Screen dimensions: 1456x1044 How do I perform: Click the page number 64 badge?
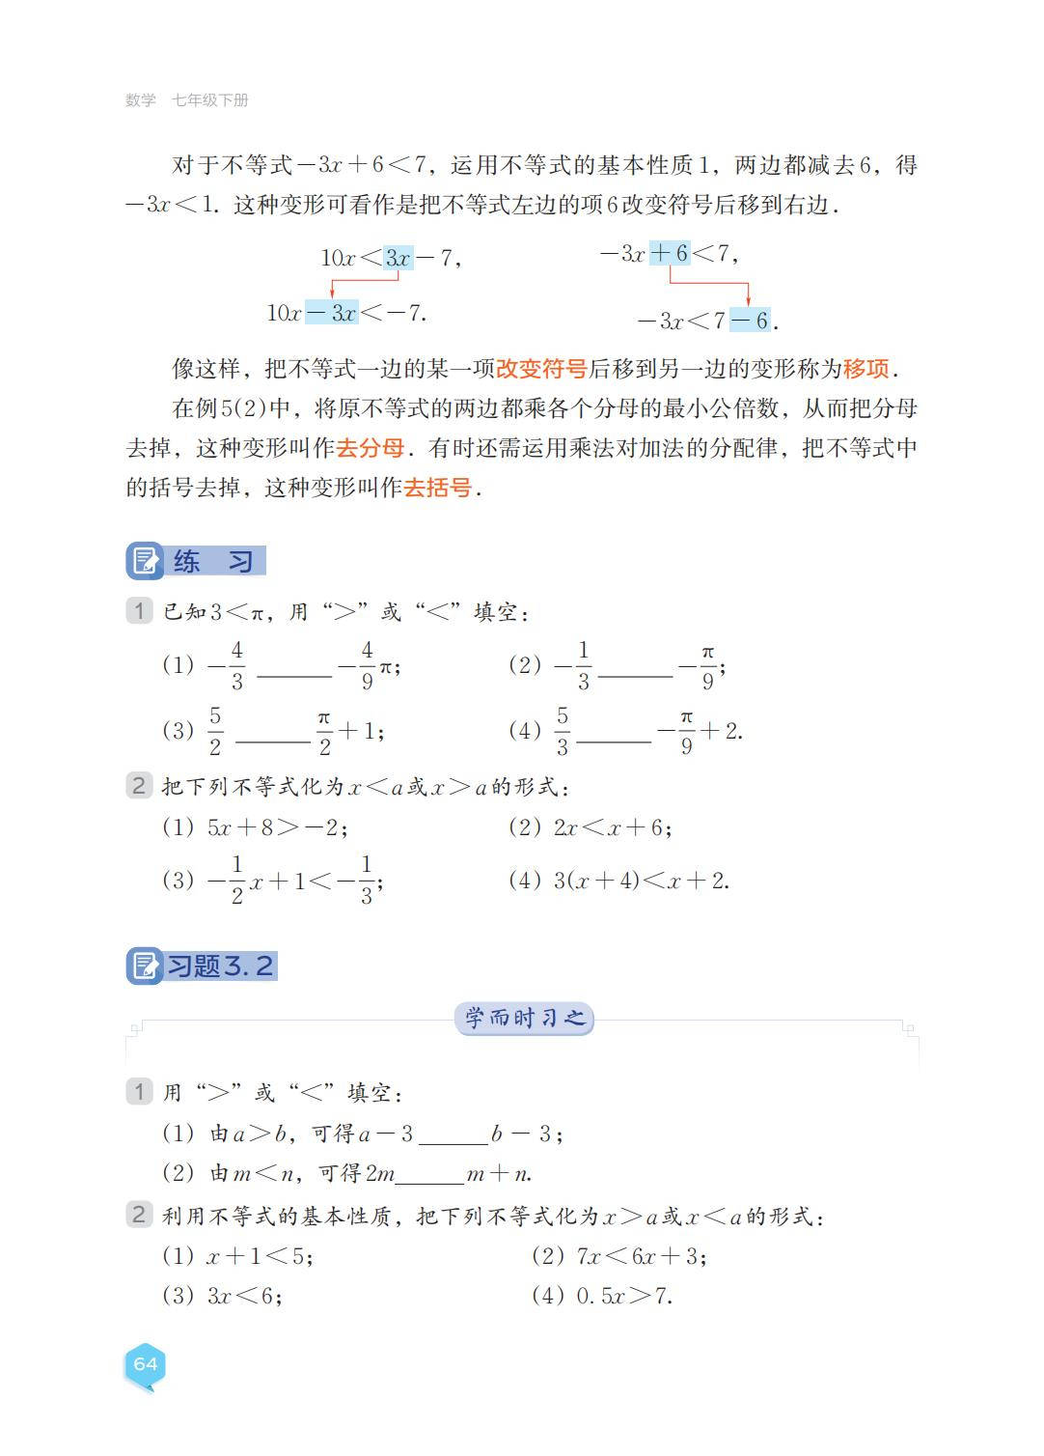coord(145,1364)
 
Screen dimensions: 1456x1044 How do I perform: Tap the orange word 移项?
coord(865,369)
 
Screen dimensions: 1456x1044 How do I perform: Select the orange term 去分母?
coord(370,448)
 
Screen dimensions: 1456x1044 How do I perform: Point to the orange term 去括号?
coord(437,488)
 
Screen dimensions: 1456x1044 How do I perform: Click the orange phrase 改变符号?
coord(541,369)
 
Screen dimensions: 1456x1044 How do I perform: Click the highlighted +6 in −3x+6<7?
coord(670,254)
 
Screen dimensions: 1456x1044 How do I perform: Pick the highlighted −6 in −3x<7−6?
coord(750,321)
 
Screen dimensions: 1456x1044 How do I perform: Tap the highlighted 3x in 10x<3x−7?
coord(398,258)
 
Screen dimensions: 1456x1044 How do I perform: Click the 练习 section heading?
coord(213,562)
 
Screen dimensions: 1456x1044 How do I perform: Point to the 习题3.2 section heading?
coord(221,966)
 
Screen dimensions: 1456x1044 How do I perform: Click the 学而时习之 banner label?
coord(524,1019)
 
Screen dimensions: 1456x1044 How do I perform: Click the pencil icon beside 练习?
coord(145,562)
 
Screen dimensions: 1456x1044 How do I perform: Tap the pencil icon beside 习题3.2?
coord(145,966)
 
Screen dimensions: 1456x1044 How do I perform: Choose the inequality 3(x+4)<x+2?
coord(641,881)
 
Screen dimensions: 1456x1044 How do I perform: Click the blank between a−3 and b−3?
coord(453,1135)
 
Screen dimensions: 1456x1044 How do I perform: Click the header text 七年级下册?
coord(210,100)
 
